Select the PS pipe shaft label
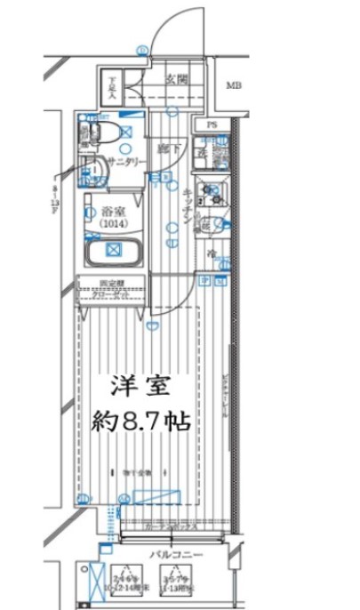[x=212, y=124]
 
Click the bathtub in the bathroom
[x=113, y=251]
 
